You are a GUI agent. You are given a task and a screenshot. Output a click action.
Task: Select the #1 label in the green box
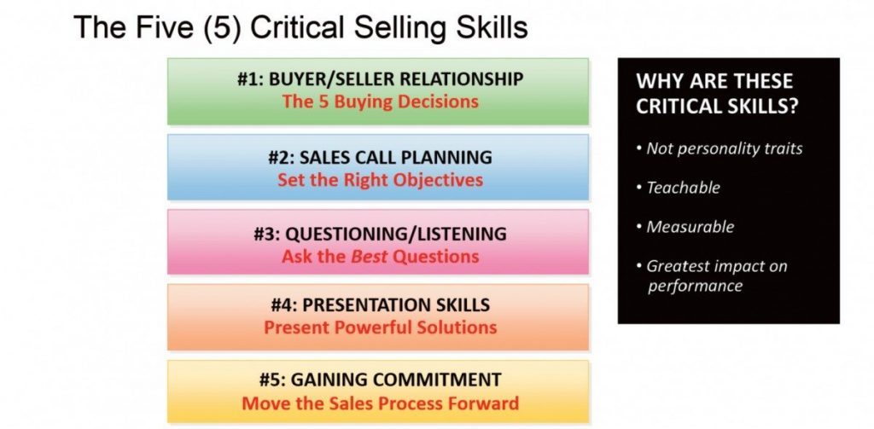click(x=249, y=80)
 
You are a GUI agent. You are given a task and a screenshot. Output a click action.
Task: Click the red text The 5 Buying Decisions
click(x=380, y=101)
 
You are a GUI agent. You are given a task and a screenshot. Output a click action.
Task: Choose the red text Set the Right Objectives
click(x=380, y=180)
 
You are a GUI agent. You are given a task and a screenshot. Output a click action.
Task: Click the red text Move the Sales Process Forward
click(x=380, y=403)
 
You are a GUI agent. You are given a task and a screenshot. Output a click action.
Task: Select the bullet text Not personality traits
click(x=725, y=148)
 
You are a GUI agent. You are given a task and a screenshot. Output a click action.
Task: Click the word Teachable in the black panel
click(x=683, y=188)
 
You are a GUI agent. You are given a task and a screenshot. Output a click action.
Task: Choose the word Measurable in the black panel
click(x=690, y=227)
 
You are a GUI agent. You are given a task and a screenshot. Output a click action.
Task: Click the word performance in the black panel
click(x=695, y=286)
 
